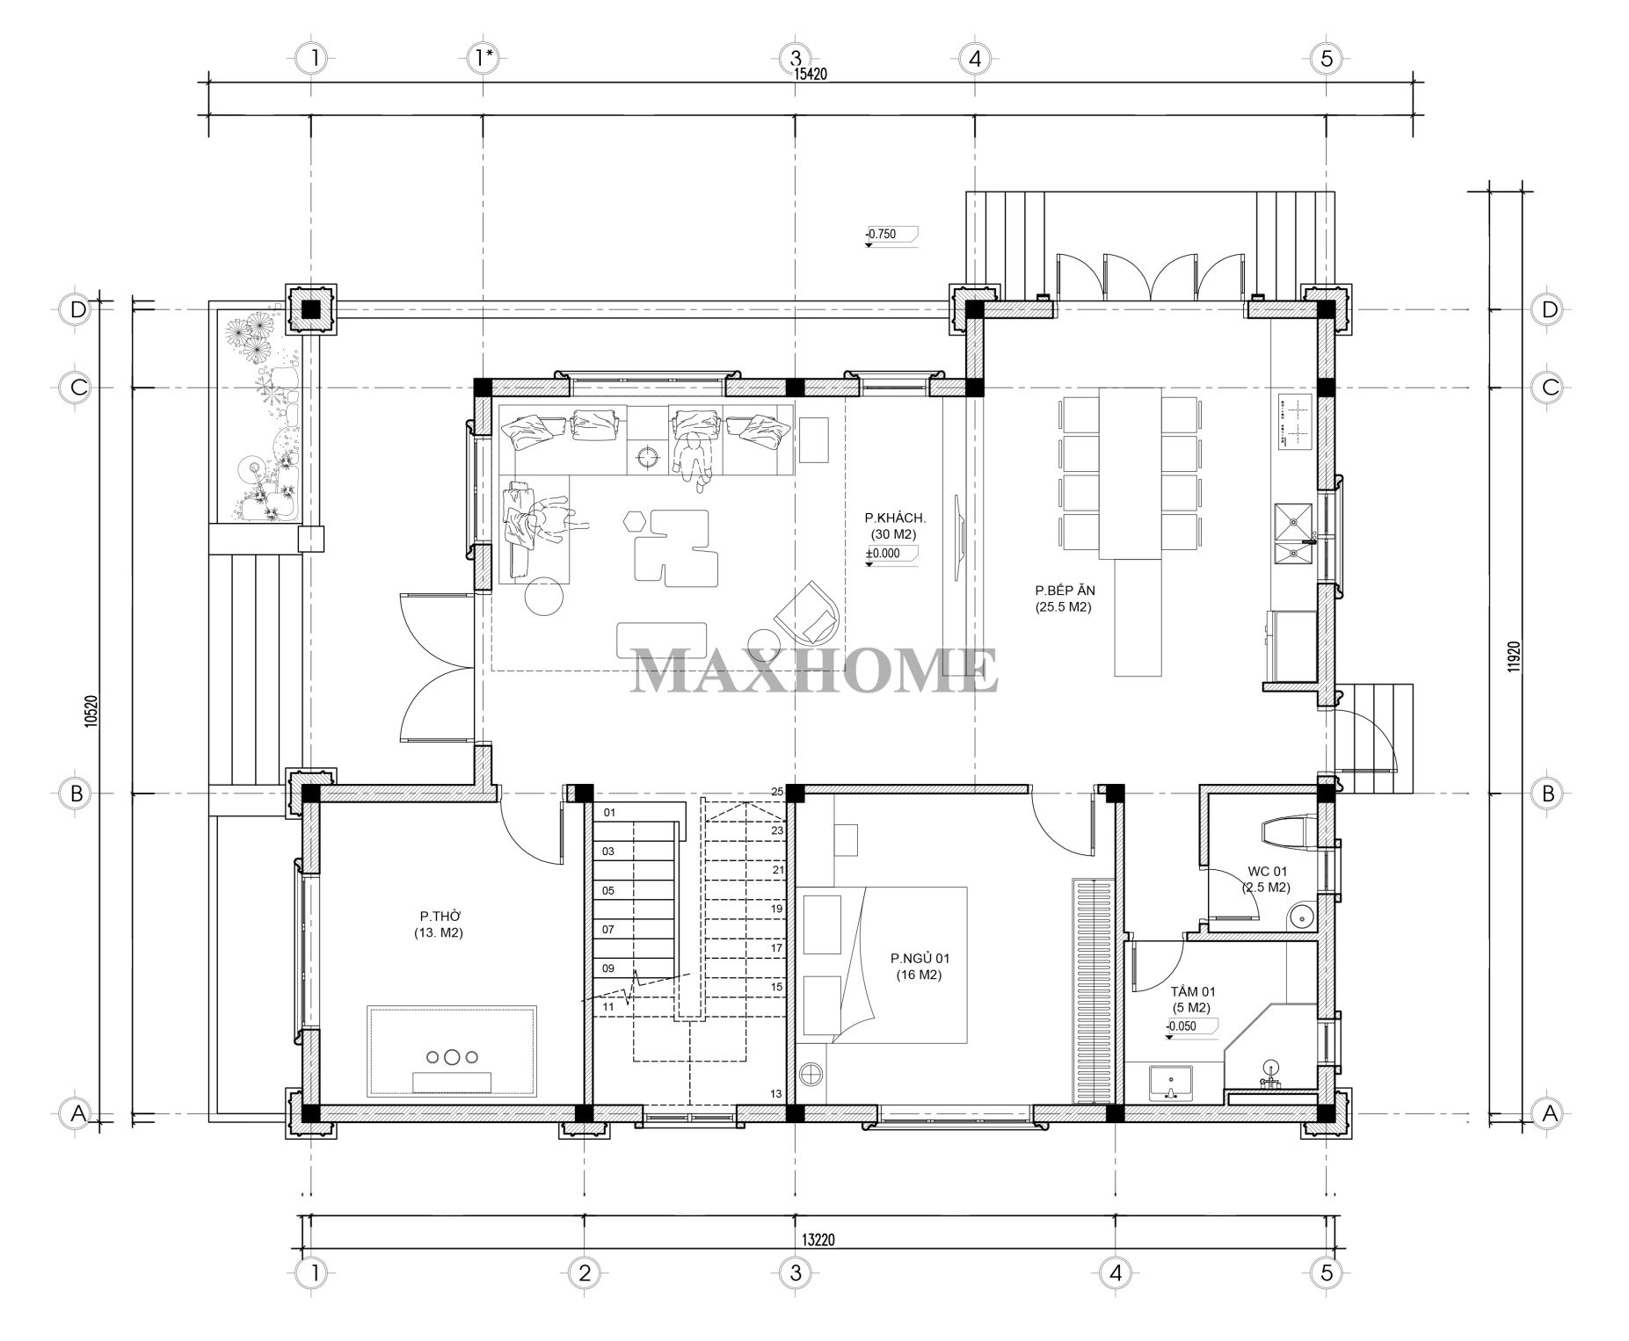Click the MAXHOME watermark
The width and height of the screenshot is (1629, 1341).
pyautogui.click(x=814, y=671)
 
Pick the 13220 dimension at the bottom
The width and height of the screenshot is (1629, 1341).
pyautogui.click(x=818, y=1240)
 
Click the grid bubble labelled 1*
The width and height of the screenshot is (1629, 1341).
pyautogui.click(x=484, y=59)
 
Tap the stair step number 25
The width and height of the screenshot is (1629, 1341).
pyautogui.click(x=777, y=792)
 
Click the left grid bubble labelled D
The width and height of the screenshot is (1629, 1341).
pyautogui.click(x=77, y=309)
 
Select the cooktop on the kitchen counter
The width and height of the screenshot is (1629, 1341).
pyautogui.click(x=1294, y=422)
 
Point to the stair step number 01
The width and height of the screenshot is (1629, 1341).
pyautogui.click(x=609, y=813)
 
